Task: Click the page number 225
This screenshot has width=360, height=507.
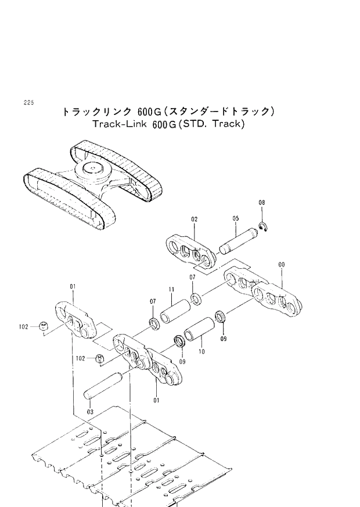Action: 29,102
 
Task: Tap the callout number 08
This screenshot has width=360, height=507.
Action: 262,202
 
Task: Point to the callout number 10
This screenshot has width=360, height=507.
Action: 201,352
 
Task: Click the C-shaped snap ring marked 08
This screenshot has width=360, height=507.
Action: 264,227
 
